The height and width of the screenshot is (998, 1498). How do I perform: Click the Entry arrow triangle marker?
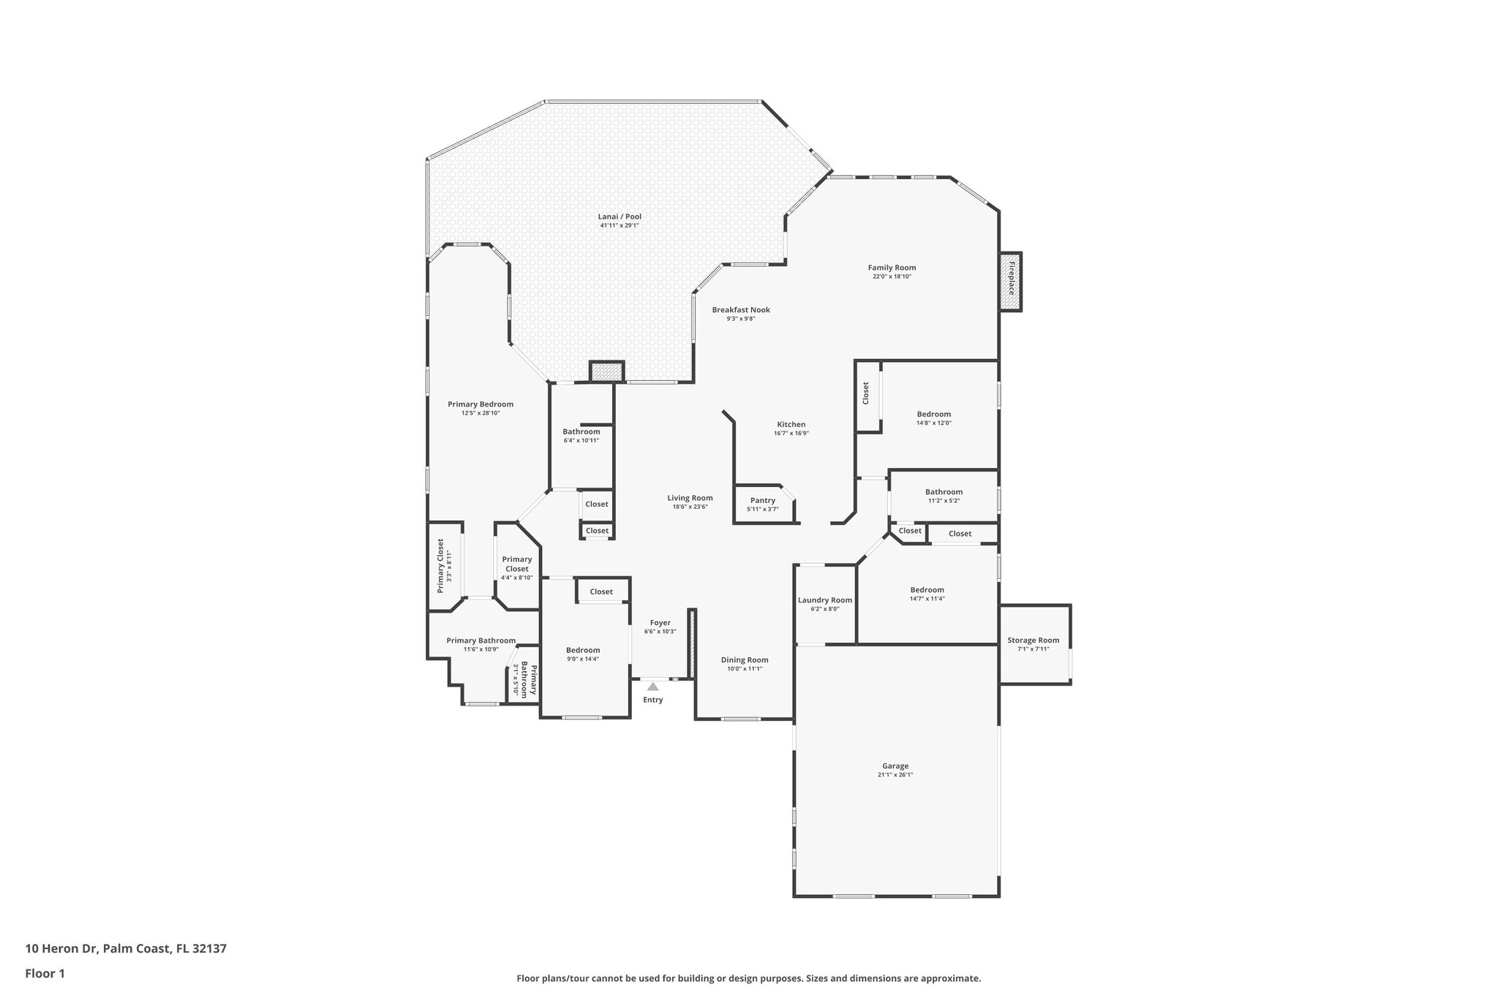652,687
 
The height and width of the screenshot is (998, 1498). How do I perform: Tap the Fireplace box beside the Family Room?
1010,281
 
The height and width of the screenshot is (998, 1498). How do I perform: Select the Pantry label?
762,500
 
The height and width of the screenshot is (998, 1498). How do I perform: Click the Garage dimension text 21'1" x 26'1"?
895,774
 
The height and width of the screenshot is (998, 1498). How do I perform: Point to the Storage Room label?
1033,640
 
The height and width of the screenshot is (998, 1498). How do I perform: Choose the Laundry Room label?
824,600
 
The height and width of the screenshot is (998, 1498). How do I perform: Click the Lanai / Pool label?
620,216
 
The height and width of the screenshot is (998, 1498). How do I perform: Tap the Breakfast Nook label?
741,309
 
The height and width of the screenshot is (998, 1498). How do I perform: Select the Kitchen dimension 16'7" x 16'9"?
791,433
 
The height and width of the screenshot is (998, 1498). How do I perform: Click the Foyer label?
660,622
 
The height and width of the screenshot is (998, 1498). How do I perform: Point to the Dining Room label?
745,659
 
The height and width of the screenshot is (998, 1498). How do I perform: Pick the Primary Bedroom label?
481,404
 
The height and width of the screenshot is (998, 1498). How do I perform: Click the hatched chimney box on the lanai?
606,371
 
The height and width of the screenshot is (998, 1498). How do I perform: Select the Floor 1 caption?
45,973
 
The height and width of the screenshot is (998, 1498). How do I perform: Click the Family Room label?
892,268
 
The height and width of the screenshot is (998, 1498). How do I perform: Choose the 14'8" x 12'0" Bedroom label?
933,414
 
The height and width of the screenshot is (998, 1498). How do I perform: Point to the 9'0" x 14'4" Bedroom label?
583,650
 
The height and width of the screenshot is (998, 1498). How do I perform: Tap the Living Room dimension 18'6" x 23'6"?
690,507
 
